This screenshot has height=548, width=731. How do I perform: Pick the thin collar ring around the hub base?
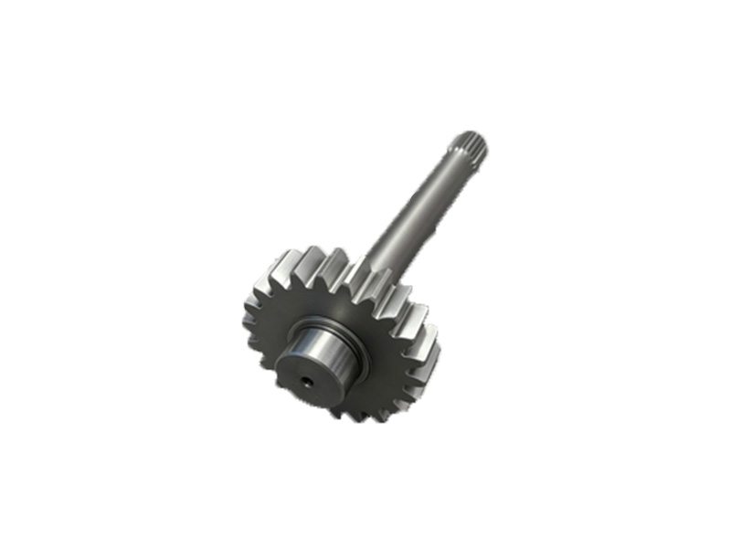(x=351, y=340)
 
